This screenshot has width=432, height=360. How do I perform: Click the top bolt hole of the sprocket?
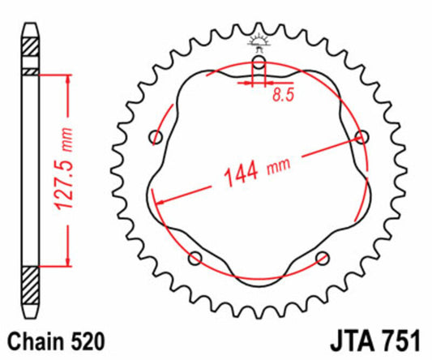coord(259,62)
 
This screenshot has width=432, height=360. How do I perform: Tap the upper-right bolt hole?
coord(361,135)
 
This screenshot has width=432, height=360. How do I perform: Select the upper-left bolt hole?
coord(156,135)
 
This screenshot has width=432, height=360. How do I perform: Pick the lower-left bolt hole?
coord(195,258)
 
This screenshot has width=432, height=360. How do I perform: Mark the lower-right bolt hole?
coord(323,258)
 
